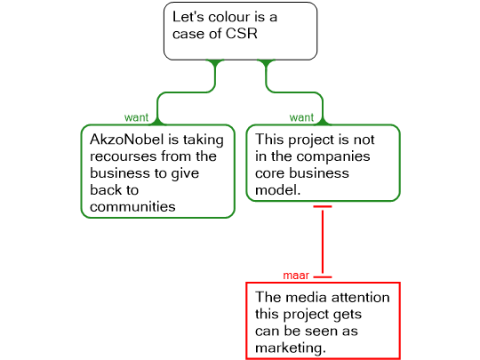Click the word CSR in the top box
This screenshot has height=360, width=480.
click(x=242, y=34)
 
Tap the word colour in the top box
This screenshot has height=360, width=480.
click(x=228, y=17)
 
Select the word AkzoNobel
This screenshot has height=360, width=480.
click(x=127, y=140)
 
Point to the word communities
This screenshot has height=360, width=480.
click(x=132, y=206)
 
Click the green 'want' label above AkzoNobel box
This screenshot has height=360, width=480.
click(x=136, y=117)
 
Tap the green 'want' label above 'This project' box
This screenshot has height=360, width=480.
click(x=301, y=117)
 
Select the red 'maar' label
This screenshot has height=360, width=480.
click(x=296, y=276)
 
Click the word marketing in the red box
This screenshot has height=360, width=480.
click(x=290, y=348)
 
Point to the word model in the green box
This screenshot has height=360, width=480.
click(x=277, y=190)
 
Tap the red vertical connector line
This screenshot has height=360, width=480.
click(x=323, y=242)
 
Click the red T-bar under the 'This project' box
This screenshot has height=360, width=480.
click(x=323, y=206)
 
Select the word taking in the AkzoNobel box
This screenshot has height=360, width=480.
click(x=204, y=140)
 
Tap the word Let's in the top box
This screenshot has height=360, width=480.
click(x=188, y=17)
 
